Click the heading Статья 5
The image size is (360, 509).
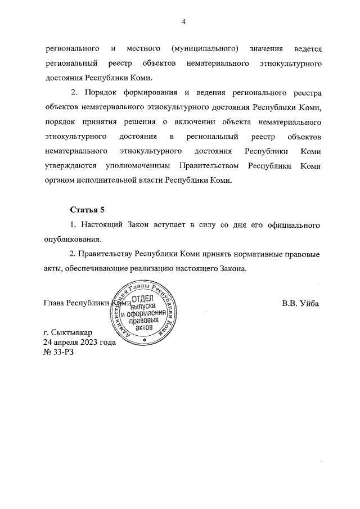click(x=87, y=210)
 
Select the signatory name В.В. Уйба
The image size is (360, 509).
click(x=300, y=303)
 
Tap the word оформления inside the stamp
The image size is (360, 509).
click(x=150, y=313)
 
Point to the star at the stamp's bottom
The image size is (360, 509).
click(x=145, y=341)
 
